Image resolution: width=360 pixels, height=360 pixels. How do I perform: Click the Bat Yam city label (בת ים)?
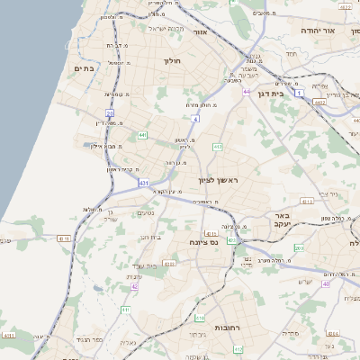(85, 68)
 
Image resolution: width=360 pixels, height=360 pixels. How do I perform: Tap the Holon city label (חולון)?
(172, 61)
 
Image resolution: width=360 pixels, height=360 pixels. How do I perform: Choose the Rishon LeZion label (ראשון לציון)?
(220, 182)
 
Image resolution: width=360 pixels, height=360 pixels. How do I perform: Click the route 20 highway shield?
(110, 113)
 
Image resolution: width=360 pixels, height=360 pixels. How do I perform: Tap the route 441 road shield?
(142, 135)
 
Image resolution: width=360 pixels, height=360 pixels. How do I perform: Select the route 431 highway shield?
(144, 183)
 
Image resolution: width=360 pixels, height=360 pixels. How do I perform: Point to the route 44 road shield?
(247, 91)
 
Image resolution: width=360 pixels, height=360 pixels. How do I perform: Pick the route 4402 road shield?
(345, 102)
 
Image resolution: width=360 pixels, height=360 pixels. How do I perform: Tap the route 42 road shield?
(134, 286)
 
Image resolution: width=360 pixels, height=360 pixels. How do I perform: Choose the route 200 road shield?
(300, 247)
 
